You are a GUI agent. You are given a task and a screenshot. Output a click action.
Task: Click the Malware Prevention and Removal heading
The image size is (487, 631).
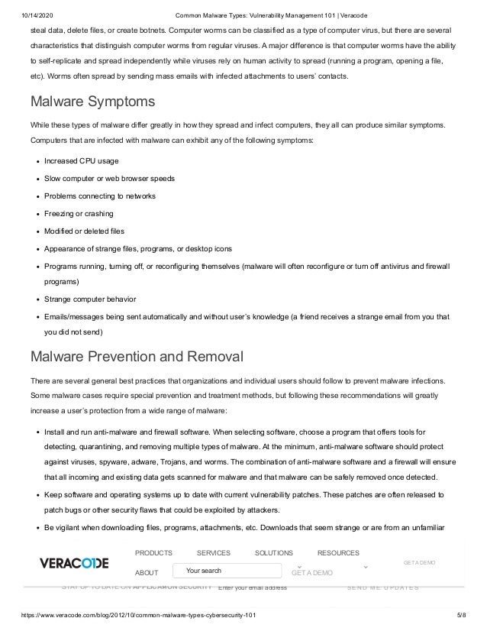(x=136, y=356)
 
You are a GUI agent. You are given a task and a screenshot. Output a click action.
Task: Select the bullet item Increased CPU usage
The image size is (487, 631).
(x=82, y=160)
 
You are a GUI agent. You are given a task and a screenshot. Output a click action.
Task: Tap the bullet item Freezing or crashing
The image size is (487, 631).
(x=79, y=213)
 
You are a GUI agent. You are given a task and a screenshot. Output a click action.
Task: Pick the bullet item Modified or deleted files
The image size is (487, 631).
(x=84, y=231)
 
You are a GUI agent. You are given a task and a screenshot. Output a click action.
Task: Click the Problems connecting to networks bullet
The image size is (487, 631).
(x=100, y=196)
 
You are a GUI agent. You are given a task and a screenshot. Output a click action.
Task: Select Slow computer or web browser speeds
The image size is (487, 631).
(x=110, y=178)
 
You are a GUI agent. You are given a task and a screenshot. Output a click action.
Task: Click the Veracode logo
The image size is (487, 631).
(x=74, y=563)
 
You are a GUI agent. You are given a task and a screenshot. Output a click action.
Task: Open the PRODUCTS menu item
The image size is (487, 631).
(x=153, y=552)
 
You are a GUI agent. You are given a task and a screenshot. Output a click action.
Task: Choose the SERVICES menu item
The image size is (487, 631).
(x=213, y=552)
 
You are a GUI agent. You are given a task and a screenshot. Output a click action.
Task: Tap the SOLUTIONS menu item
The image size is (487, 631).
(x=273, y=552)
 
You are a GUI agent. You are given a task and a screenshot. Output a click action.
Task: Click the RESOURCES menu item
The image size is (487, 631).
(x=338, y=552)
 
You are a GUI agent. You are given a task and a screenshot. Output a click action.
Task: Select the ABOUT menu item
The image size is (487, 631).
(x=146, y=572)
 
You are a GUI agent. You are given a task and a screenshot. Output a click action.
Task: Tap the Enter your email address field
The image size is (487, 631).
(x=253, y=587)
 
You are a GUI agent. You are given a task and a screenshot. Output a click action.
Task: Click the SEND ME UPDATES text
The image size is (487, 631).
(x=382, y=587)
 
